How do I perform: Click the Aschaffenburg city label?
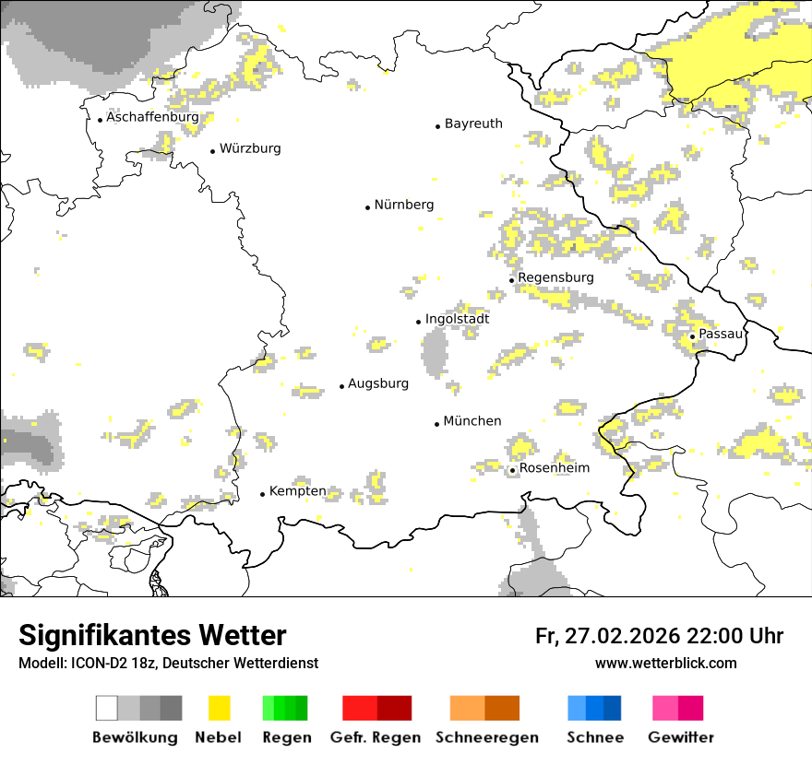coord(152,118)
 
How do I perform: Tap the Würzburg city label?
coord(250,148)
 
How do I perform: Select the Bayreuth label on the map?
coord(473,124)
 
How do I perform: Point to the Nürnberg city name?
coord(404,205)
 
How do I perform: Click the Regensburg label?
coord(555,277)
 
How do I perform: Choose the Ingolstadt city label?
coord(458,319)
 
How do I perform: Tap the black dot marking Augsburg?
coord(341,386)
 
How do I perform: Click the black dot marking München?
coord(436,424)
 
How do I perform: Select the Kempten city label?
coord(297,491)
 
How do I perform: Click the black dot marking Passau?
coord(692,336)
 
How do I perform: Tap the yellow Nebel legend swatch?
coord(219,708)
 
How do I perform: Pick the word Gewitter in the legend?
coord(681,737)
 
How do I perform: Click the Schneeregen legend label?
coord(487,737)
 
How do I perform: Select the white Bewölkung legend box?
coord(107,708)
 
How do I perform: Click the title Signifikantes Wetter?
coord(152,635)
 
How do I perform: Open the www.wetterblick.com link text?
coord(665,664)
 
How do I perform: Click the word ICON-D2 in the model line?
coord(94,664)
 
